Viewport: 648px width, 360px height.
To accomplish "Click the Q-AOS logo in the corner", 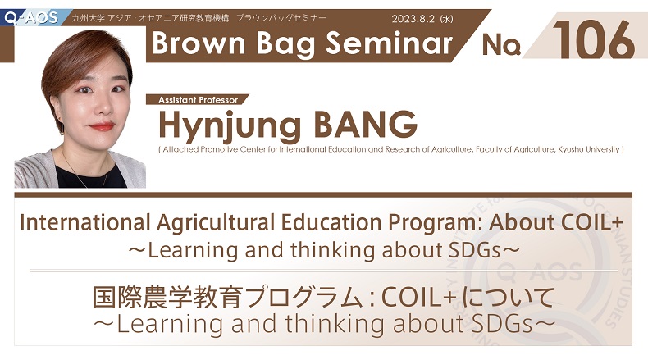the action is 31,18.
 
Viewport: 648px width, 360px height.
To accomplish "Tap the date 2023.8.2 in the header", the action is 413,19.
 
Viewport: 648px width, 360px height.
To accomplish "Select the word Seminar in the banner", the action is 390,43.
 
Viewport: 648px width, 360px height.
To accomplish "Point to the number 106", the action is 594,40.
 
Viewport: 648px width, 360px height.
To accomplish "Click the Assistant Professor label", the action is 198,99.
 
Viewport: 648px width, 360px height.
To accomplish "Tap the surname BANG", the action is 365,124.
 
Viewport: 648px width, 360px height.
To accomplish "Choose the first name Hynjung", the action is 230,126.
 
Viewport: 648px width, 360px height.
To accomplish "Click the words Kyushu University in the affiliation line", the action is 588,149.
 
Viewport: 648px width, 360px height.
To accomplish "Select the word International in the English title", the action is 84,222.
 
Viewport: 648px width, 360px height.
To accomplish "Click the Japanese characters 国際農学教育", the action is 168,297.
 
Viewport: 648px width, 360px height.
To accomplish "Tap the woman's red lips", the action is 101,126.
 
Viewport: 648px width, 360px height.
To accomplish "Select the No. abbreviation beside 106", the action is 501,44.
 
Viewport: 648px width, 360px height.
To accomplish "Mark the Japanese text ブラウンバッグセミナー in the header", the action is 281,18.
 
